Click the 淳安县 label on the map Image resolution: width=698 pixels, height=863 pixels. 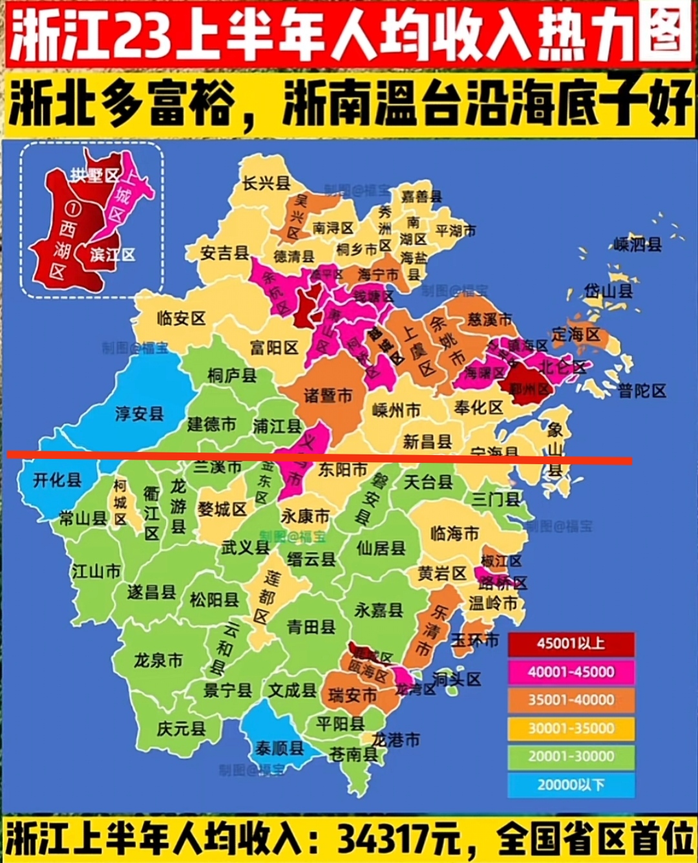(x=139, y=414)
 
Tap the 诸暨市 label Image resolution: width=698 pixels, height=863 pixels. (x=328, y=395)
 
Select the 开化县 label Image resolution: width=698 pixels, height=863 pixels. (x=57, y=480)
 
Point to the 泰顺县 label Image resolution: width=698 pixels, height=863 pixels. (x=279, y=748)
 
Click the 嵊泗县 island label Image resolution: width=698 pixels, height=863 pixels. (x=637, y=244)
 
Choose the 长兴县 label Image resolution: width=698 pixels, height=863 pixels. (x=266, y=184)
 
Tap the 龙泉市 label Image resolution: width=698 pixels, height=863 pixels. (x=158, y=661)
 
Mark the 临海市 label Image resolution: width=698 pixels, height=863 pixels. (x=454, y=533)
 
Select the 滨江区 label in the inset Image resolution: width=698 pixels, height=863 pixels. (x=112, y=254)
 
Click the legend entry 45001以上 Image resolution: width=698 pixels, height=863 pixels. (x=571, y=644)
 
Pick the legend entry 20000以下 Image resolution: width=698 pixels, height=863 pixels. (x=571, y=785)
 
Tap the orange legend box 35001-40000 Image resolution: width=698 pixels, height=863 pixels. (x=571, y=700)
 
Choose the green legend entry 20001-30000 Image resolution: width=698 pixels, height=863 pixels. (x=571, y=756)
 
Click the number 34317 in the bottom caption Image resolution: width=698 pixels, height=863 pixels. (x=381, y=839)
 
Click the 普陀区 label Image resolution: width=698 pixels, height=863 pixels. (x=641, y=391)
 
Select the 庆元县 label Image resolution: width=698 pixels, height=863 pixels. (x=181, y=729)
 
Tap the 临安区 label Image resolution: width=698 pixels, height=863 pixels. (x=181, y=318)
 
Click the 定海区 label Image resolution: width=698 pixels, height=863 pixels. (x=575, y=334)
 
